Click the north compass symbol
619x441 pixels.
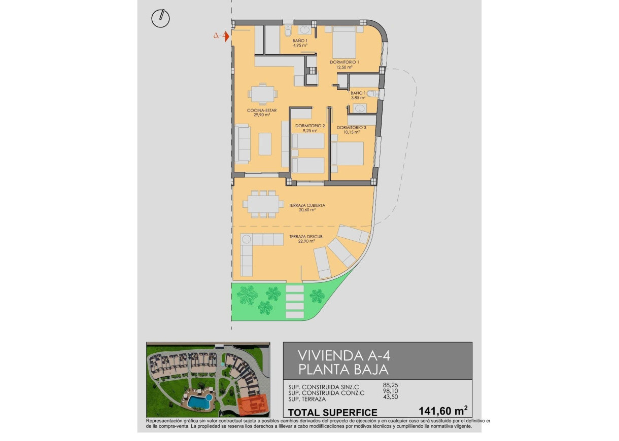click(x=161, y=18)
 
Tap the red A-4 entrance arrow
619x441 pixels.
click(x=222, y=36)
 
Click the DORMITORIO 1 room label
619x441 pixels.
click(x=344, y=62)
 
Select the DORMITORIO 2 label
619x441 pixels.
click(x=309, y=125)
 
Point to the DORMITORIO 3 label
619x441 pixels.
click(x=351, y=127)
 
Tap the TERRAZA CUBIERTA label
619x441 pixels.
click(x=307, y=205)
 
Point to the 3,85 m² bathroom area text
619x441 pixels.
click(x=358, y=98)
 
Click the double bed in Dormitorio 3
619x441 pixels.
click(x=348, y=153)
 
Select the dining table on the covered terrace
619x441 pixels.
click(x=263, y=204)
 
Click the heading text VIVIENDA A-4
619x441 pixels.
click(x=337, y=354)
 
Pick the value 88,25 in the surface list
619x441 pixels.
click(x=391, y=385)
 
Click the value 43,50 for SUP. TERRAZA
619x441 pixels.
click(x=391, y=399)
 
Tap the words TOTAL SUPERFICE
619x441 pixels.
click(x=332, y=412)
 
